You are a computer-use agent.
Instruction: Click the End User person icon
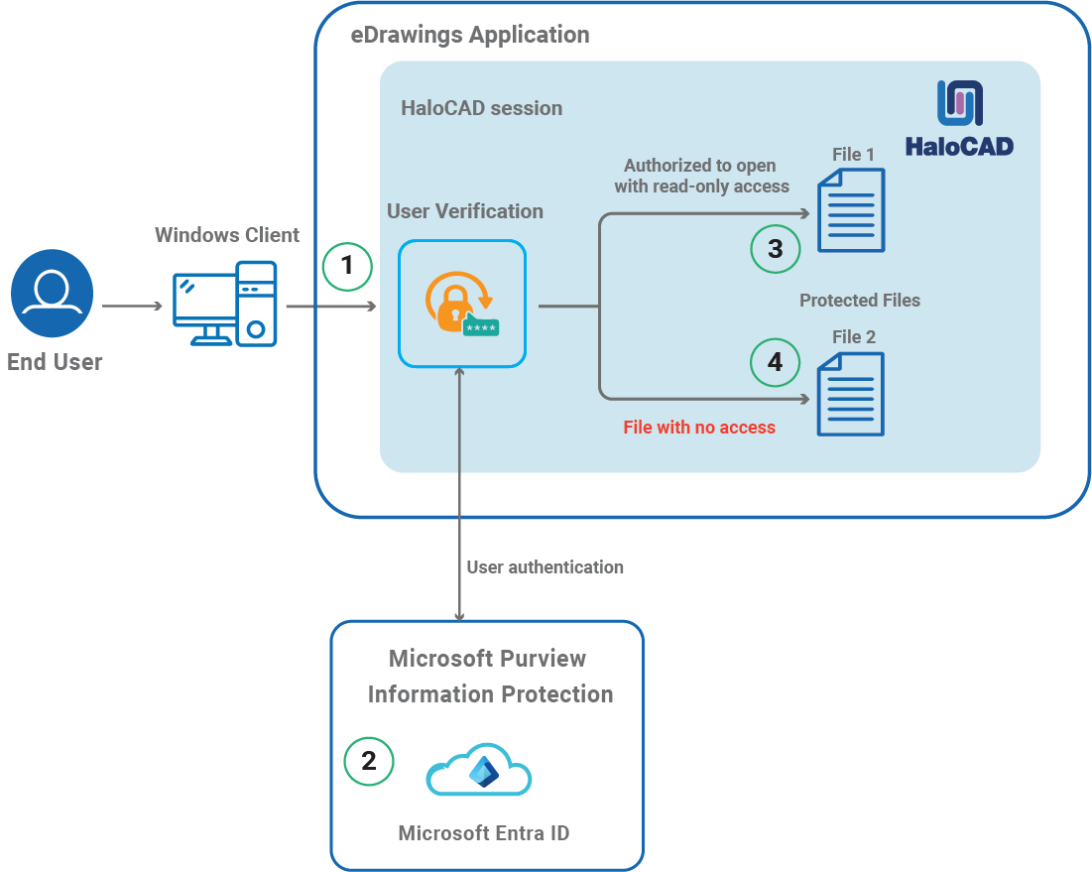pos(52,294)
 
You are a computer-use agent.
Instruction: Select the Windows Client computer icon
pos(225,303)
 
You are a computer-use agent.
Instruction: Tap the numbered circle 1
pos(346,266)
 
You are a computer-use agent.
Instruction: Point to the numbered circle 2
pos(369,761)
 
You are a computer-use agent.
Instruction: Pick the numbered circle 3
pos(775,248)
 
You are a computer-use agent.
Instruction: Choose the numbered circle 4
pos(775,363)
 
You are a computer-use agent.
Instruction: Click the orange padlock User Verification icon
pos(461,304)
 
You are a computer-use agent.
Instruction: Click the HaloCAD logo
pos(959,119)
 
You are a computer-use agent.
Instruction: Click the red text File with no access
pos(699,428)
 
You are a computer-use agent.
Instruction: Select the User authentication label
pos(546,567)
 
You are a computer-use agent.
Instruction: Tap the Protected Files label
pos(860,301)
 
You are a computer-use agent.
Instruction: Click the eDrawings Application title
pos(470,36)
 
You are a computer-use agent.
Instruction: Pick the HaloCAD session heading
pos(481,108)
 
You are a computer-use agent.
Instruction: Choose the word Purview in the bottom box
pos(542,659)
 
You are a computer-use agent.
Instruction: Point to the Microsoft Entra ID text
pos(484,833)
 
